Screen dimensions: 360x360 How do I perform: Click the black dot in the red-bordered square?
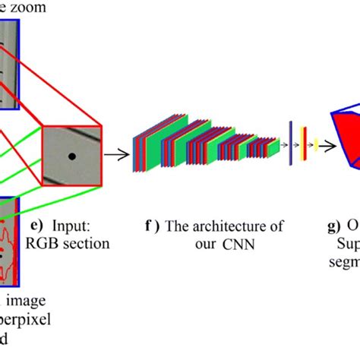click(x=72, y=156)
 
